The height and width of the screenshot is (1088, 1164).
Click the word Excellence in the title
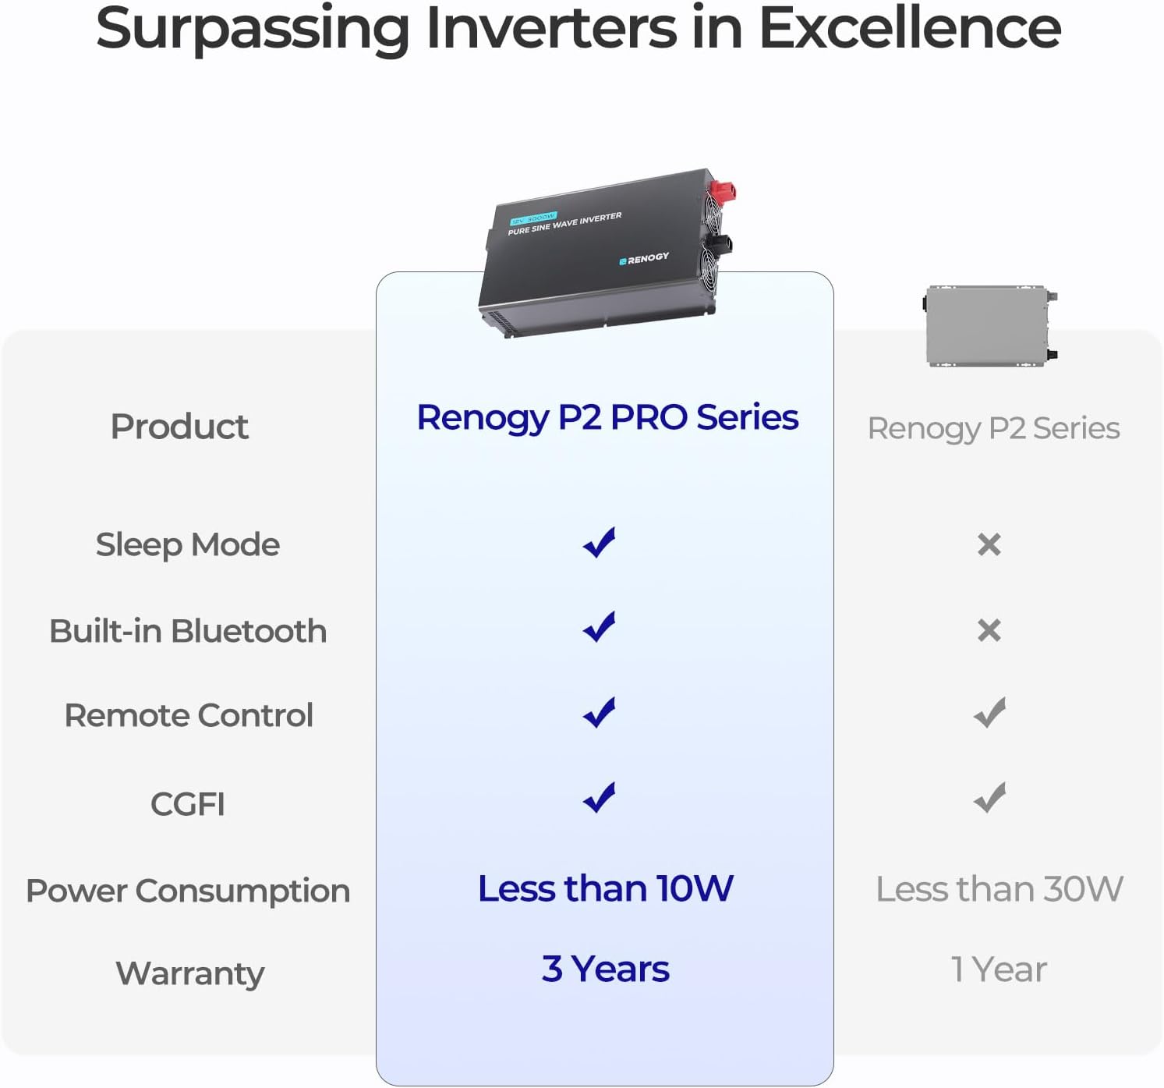pos(909,29)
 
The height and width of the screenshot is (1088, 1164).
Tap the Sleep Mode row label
pos(187,544)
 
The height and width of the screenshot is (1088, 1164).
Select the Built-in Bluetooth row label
pos(187,631)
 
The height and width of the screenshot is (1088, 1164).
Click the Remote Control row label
pos(189,715)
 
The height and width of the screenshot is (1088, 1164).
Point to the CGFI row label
pos(187,804)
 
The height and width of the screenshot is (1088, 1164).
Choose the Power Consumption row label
pos(188,891)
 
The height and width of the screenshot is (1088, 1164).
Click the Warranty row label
pos(189,973)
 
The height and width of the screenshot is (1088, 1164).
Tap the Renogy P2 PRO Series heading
pos(607,418)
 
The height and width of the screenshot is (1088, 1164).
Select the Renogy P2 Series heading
pos(993,428)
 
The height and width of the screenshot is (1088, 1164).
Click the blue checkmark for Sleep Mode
pos(600,543)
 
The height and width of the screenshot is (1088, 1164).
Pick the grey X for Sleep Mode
pos(989,544)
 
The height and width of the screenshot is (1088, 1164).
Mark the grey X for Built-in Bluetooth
pos(989,630)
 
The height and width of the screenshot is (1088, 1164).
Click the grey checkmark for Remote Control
pos(989,713)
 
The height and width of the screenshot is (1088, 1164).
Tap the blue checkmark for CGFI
pos(600,797)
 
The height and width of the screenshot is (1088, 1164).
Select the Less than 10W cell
pos(606,888)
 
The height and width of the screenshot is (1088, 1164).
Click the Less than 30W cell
pos(999,889)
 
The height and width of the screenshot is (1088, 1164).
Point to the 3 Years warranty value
pos(606,969)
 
